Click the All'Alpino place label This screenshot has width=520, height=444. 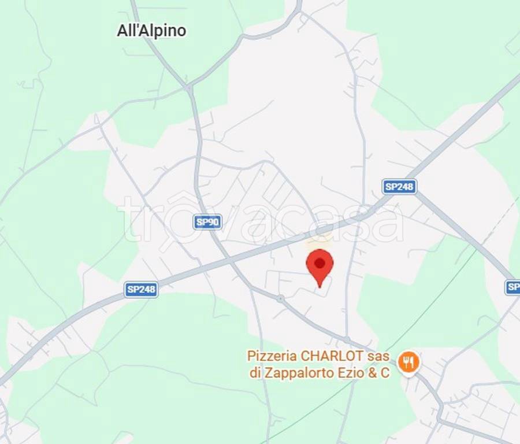151,31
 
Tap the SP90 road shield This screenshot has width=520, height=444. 207,222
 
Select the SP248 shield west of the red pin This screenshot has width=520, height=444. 141,290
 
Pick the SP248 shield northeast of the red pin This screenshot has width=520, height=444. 400,186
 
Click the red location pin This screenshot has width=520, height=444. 320,267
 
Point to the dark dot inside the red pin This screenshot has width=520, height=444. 320,263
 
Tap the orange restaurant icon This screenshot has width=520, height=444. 409,362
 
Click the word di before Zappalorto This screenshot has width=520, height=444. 255,373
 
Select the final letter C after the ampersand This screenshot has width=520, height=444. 385,373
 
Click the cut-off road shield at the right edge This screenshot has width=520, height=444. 512,287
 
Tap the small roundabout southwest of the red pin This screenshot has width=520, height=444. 280,298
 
